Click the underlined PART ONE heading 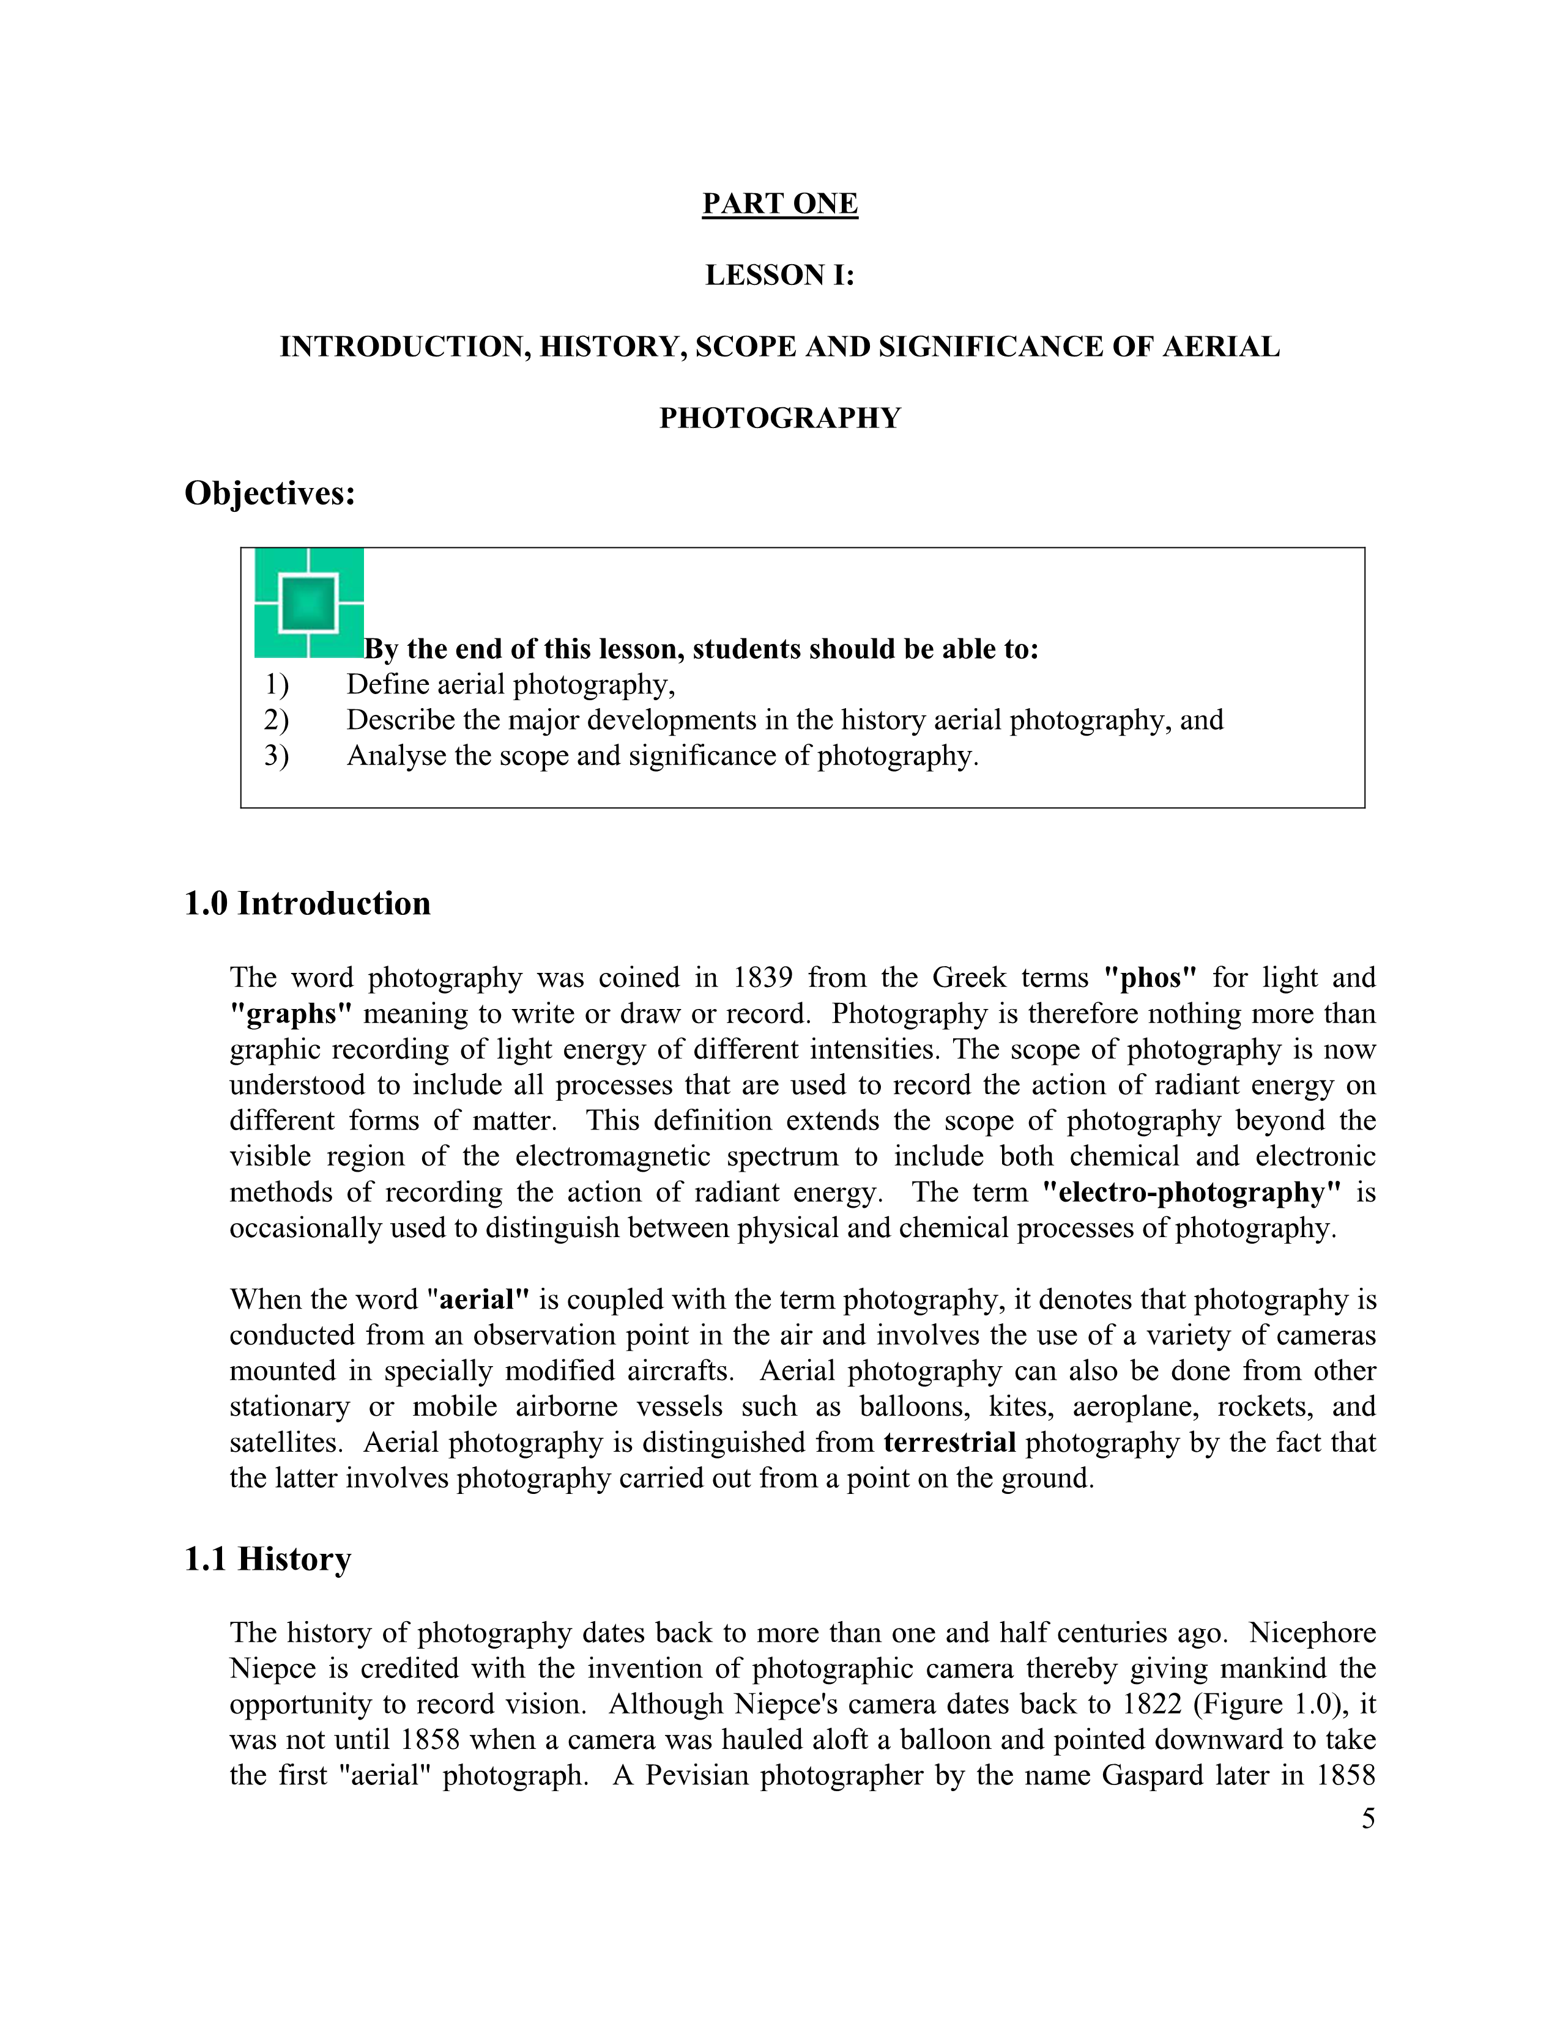780,203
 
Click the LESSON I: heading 780,275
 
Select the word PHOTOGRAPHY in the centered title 780,418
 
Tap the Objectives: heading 270,493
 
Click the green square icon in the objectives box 309,602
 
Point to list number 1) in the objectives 277,685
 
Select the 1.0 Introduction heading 308,904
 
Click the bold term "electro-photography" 1191,1193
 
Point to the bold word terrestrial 950,1443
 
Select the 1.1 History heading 268,1560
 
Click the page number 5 1368,1819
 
